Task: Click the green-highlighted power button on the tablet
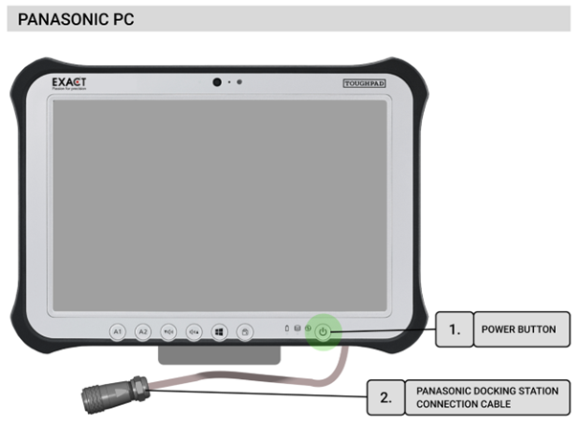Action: pos(323,331)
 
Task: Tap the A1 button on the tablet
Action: pos(118,331)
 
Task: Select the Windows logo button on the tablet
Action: pos(218,331)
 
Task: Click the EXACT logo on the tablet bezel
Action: pos(69,83)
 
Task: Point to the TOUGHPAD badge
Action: pos(365,84)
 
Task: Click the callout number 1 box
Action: pos(455,329)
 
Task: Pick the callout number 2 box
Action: pos(386,395)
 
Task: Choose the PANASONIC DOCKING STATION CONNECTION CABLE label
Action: pos(472,395)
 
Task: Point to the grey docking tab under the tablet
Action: pos(219,355)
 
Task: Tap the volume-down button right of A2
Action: pos(168,331)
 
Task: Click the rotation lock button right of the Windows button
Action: pos(244,331)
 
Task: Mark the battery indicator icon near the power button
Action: pos(287,330)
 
